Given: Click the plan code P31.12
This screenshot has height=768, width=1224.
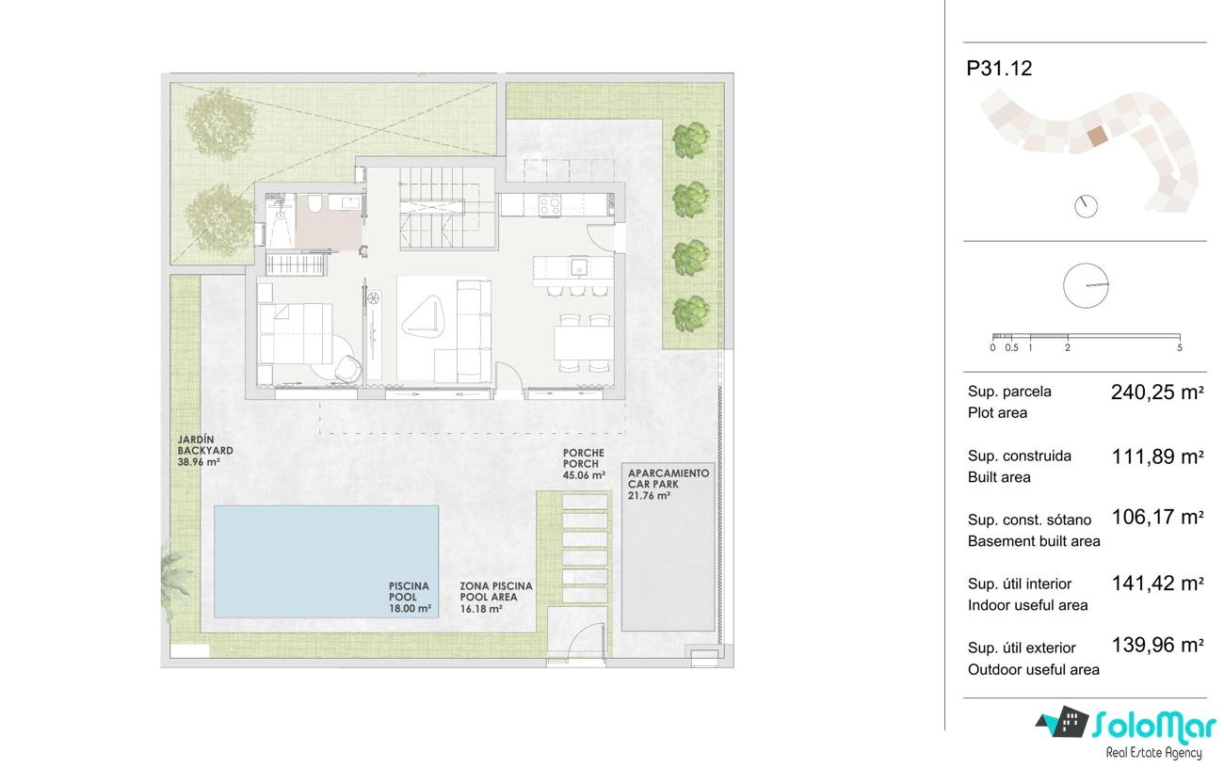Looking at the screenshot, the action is pos(999,69).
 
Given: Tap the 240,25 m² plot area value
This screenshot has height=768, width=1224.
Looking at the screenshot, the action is pos(1157,392).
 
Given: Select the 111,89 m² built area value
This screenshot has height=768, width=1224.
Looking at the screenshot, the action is pos(1157,456).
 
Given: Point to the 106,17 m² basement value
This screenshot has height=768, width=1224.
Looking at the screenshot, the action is pos(1157,517).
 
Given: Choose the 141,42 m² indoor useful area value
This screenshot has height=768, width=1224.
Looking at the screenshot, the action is pos(1157,584).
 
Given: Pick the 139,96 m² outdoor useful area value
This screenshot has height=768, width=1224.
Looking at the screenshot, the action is pos(1157,645).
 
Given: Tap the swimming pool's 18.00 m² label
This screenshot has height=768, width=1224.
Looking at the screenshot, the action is pos(410,597).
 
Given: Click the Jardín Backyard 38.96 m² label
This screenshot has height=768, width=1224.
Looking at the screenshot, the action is pos(205,451).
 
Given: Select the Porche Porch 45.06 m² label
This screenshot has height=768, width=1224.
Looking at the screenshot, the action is pos(584,464).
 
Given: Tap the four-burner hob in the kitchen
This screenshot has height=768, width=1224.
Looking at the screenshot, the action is pos(550,205).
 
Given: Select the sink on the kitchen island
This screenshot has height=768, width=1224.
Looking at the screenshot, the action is pos(579,267).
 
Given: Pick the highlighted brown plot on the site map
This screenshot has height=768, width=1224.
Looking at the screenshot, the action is pos(1097,136).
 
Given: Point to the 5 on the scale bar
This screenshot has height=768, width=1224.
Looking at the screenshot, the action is pos(1179,348).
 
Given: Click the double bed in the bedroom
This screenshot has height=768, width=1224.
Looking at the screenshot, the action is pos(295,333).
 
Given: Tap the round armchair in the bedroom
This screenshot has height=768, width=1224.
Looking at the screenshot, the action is pos(347,368).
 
